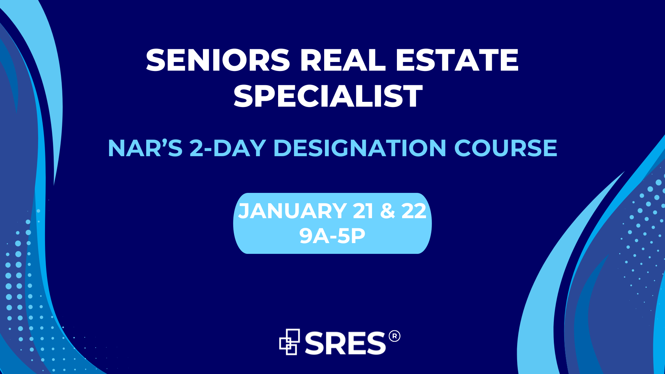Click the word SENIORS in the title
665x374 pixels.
(218, 60)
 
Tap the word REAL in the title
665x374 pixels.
(343, 60)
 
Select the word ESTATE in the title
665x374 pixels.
(457, 60)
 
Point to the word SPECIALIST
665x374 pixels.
(328, 96)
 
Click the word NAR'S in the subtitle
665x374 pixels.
(145, 148)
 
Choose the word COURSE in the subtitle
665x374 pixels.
(505, 148)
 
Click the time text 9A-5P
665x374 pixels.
(332, 236)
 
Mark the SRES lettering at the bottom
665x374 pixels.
(345, 343)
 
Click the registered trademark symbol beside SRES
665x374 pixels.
(394, 336)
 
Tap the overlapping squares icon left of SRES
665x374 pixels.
(290, 342)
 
